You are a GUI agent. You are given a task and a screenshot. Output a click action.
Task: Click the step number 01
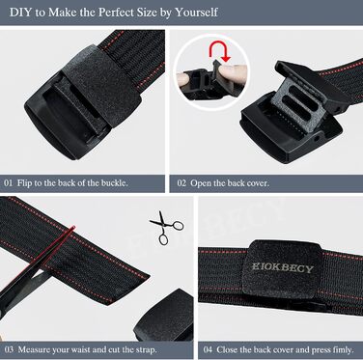click(x=9, y=183)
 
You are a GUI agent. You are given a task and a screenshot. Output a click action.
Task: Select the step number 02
click(x=181, y=183)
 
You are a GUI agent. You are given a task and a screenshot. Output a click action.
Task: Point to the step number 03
click(x=9, y=349)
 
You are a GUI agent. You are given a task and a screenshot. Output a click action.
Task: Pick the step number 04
click(x=208, y=349)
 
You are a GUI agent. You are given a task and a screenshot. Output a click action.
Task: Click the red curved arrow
click(x=220, y=51)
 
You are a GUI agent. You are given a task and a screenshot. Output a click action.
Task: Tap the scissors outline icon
click(x=166, y=228)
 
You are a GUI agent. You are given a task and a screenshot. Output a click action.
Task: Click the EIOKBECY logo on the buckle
click(x=282, y=268)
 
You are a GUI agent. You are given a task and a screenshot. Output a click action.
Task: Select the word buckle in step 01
click(x=114, y=183)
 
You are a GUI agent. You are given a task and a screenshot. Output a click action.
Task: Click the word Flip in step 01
click(x=24, y=183)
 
